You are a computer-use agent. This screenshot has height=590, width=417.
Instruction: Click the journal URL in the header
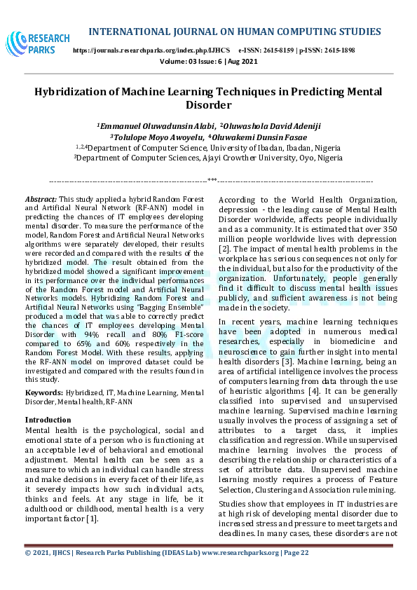[x=151, y=51]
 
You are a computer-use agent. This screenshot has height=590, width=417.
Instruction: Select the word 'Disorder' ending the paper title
[x=207, y=105]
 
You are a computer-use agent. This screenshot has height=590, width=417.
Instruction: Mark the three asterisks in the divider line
[x=211, y=181]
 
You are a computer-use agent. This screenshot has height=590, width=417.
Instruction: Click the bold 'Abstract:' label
[x=41, y=200]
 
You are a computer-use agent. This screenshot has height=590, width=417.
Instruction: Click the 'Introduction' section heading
[x=48, y=419]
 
